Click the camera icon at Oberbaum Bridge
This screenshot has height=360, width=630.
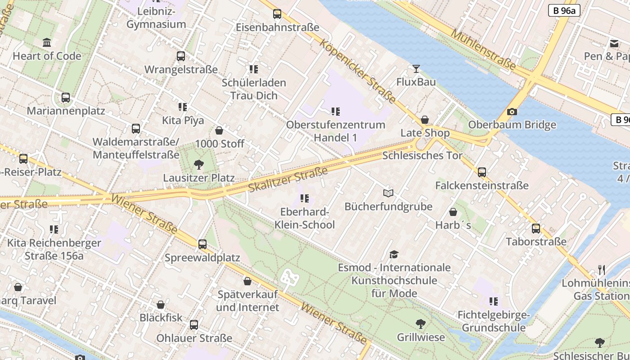(512, 112)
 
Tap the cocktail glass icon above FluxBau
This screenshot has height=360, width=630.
(416, 69)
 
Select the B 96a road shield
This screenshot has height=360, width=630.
(564, 10)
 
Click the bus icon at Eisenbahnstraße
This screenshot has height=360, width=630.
(277, 14)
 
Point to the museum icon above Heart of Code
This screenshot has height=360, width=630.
(47, 43)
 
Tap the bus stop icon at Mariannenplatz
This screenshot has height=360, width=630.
(66, 98)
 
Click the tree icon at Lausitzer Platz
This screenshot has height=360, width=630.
(198, 165)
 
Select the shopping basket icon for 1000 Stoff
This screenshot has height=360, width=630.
(219, 130)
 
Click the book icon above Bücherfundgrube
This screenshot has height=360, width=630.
(388, 193)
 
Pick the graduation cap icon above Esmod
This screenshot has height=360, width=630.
(394, 255)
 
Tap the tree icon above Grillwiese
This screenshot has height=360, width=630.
(421, 324)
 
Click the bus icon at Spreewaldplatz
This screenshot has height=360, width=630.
(202, 244)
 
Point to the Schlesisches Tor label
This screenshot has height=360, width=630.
(422, 156)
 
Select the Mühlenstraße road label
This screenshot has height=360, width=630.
(483, 49)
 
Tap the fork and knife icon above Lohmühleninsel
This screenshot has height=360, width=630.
(602, 270)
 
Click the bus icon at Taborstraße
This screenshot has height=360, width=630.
(536, 228)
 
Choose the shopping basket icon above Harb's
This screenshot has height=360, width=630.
(453, 212)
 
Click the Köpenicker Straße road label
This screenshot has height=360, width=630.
(358, 71)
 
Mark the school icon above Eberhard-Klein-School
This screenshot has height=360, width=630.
(305, 198)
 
